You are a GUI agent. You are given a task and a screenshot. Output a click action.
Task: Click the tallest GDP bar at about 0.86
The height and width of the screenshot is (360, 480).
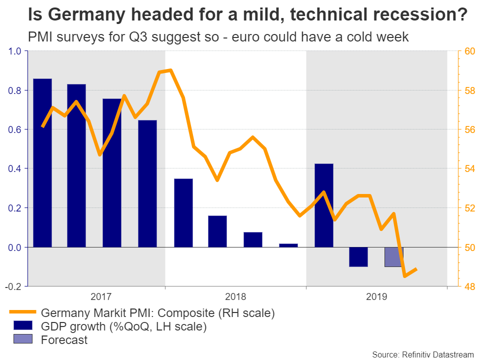pyautogui.click(x=42, y=162)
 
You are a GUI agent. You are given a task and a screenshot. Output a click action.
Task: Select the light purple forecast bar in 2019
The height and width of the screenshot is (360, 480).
pyautogui.click(x=393, y=257)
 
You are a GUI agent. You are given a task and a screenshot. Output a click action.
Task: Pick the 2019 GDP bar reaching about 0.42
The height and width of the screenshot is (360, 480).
pyautogui.click(x=323, y=205)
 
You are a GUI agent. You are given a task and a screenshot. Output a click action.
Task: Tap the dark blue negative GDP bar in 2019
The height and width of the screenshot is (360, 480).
pyautogui.click(x=358, y=257)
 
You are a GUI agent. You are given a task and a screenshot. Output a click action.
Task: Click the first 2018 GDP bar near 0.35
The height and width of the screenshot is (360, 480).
pyautogui.click(x=183, y=212)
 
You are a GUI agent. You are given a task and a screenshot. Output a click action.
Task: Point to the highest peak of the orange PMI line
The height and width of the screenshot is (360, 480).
pyautogui.click(x=170, y=70)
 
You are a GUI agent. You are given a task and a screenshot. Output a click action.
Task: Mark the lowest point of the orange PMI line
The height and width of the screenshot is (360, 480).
pyautogui.click(x=404, y=276)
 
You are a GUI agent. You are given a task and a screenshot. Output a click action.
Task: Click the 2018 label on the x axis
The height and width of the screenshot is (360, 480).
pyautogui.click(x=235, y=296)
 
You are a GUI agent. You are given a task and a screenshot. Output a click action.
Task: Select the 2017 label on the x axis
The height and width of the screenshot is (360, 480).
pyautogui.click(x=100, y=296)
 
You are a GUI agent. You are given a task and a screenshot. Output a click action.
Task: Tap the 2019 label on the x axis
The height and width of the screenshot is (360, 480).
pyautogui.click(x=376, y=296)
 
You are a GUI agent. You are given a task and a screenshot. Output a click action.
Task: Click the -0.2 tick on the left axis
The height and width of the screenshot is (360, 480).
pyautogui.click(x=14, y=286)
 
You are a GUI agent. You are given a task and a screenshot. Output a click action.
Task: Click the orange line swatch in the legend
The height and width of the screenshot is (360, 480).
pyautogui.click(x=23, y=313)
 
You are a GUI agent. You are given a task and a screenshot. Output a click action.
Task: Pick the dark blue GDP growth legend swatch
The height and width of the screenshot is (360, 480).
pyautogui.click(x=23, y=327)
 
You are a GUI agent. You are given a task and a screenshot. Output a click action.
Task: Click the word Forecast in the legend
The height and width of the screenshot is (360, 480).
pyautogui.click(x=64, y=340)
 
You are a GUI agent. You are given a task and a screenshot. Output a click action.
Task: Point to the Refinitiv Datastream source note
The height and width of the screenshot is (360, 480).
pyautogui.click(x=422, y=354)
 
